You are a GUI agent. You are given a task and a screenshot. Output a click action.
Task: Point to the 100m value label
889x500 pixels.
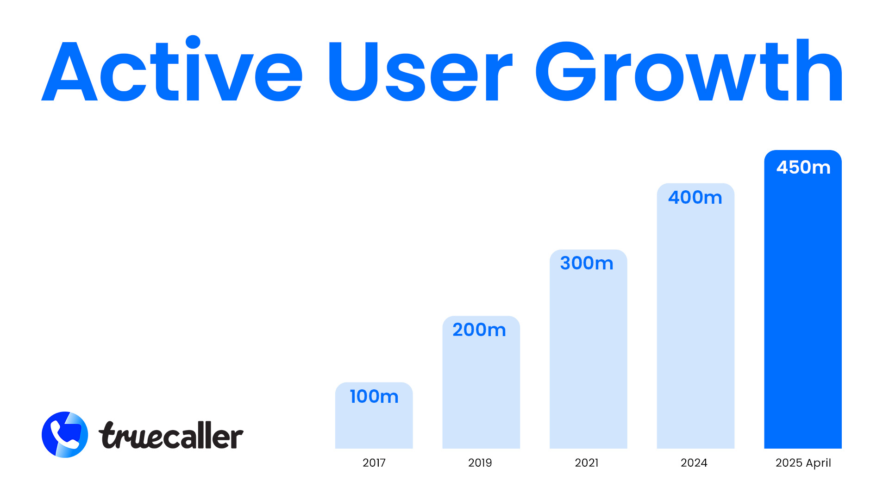point(374,397)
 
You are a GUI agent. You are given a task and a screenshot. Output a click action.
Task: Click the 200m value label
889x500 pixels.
point(479,330)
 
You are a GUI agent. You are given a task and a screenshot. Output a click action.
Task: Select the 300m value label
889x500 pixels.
point(587,263)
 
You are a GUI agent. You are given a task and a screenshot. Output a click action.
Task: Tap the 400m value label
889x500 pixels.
point(695,198)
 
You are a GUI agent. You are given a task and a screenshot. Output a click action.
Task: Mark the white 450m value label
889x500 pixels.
point(803,168)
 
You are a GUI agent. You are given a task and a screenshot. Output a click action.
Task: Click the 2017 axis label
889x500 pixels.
point(374,462)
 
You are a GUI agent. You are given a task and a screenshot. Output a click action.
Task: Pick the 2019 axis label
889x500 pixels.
point(480,462)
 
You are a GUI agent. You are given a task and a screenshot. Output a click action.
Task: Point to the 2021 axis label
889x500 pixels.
point(587,462)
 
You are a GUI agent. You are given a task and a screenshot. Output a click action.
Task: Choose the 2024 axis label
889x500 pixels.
point(694,462)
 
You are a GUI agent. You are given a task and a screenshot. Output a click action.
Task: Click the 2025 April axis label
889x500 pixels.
point(803,462)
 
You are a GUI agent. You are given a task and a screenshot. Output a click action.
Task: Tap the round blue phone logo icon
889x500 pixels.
point(65,435)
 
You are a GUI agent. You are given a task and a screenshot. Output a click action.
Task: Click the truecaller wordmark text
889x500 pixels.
point(171,435)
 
